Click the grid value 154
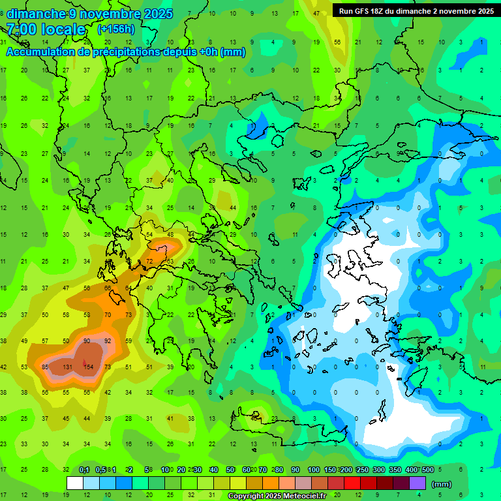tap(89, 367)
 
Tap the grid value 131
tap(67, 367)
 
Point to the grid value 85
tap(45, 367)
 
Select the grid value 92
tap(108, 341)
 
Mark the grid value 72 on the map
tap(149, 262)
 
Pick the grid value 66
tap(108, 288)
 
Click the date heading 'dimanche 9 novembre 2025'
tap(89, 14)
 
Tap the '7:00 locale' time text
tap(46, 29)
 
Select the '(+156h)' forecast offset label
tap(115, 29)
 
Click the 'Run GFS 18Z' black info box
tap(416, 10)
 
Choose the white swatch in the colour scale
tap(74, 483)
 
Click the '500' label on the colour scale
tap(427, 470)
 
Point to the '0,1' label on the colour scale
tap(84, 470)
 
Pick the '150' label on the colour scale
tap(330, 470)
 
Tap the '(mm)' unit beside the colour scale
tap(442, 484)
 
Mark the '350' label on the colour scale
tap(395, 470)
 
